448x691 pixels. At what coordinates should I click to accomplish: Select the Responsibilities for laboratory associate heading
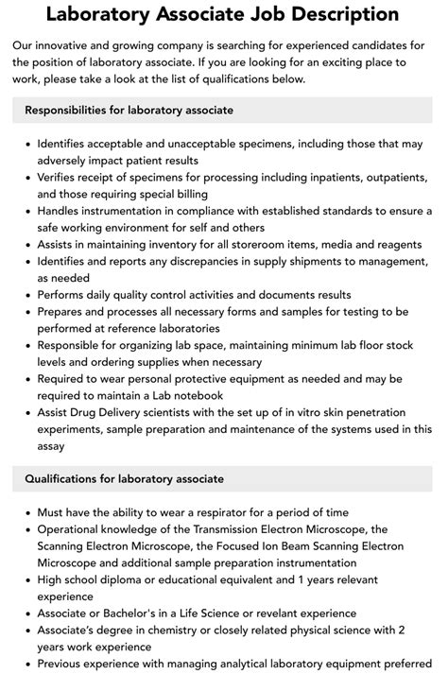[129, 111]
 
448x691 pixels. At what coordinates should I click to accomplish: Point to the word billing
[211, 196]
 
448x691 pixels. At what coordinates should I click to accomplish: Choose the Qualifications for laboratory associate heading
[125, 479]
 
